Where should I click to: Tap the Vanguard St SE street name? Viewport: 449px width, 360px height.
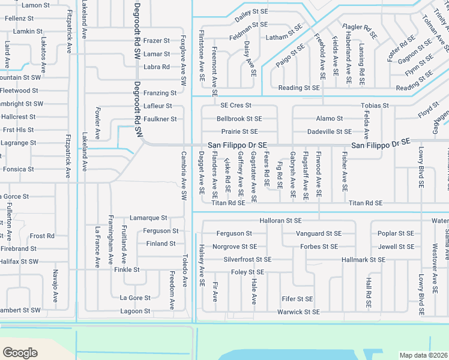[319, 233]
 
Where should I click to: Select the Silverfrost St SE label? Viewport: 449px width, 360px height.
[247, 260]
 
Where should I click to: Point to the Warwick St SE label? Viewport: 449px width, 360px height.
[298, 312]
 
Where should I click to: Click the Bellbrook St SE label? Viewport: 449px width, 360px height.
[240, 119]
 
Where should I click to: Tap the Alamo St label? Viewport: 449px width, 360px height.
[330, 119]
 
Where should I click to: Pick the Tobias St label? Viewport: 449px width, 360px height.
[375, 106]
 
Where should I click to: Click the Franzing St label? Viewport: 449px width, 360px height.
[160, 93]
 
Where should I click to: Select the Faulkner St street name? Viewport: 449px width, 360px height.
[160, 119]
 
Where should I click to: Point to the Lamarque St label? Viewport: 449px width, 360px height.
[148, 218]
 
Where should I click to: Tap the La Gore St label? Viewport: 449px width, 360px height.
[135, 298]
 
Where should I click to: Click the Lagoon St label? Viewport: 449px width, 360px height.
[135, 311]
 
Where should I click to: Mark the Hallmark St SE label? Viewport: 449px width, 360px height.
[363, 260]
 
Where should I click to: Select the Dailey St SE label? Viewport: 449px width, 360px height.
[251, 11]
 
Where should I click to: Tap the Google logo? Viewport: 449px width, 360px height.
[20, 353]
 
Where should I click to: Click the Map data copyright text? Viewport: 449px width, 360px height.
[423, 355]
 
